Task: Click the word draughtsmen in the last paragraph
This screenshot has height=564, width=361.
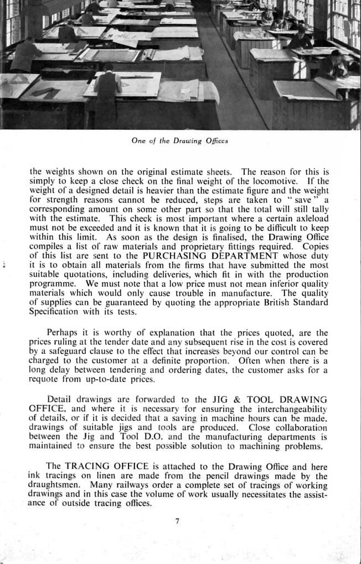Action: pos(53,485)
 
